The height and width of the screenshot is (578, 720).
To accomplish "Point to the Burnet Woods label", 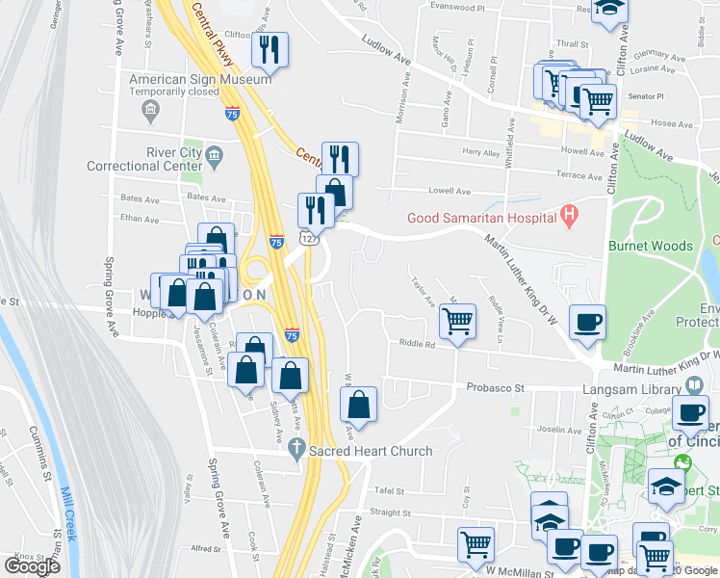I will tap(651, 246).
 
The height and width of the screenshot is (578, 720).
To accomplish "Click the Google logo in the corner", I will tap(32, 565).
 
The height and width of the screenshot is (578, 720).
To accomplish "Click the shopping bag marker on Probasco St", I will tap(358, 407).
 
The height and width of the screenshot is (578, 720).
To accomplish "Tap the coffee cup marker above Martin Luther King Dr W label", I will tap(586, 324).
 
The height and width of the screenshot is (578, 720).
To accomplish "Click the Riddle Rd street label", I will tap(412, 344).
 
